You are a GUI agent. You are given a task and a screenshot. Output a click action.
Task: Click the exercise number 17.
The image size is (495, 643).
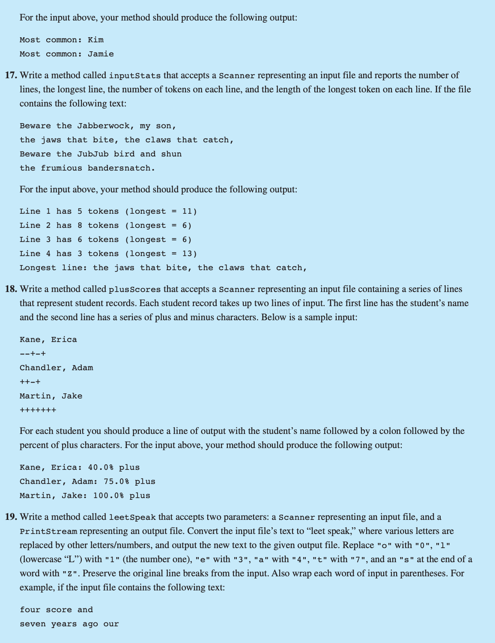click(x=11, y=76)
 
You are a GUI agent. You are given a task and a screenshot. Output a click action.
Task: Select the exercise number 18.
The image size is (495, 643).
click(x=11, y=289)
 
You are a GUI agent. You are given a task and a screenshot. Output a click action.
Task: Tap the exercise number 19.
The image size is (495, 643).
click(x=11, y=517)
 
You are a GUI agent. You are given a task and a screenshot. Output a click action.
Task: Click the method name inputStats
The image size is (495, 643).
click(x=135, y=76)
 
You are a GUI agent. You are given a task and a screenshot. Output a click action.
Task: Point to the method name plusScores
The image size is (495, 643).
click(x=135, y=290)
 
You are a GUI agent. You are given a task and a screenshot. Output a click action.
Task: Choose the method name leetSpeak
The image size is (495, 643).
click(x=132, y=518)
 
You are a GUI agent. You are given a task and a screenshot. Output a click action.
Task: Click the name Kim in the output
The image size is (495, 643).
click(x=95, y=40)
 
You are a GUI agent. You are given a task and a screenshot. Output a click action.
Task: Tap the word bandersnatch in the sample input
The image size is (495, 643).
click(x=121, y=168)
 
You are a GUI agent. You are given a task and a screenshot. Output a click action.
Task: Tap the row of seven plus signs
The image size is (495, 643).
click(x=38, y=410)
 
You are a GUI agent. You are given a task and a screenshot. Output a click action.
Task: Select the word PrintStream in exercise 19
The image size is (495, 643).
click(x=48, y=532)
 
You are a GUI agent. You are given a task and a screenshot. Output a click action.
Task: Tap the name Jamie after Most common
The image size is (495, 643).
click(x=101, y=54)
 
